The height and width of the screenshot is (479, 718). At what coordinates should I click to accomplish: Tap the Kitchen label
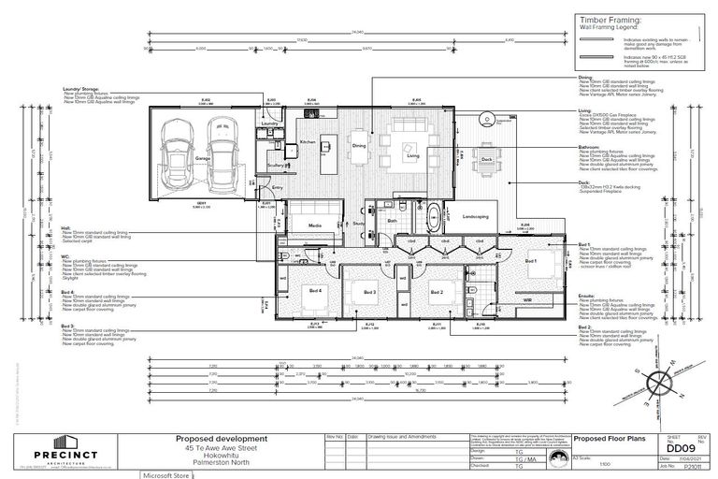point(308,142)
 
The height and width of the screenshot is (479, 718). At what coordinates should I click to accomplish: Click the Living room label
point(412,157)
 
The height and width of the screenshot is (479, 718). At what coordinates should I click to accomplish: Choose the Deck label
point(487,160)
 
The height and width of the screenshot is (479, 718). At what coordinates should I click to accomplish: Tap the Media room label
point(316,225)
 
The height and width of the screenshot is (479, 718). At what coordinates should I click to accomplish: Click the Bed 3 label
point(369,293)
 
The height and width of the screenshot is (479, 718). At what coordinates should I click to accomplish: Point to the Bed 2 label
point(436,293)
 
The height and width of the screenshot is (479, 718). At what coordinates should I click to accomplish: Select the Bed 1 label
point(530,261)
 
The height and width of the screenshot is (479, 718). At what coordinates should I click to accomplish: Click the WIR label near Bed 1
point(527,299)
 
